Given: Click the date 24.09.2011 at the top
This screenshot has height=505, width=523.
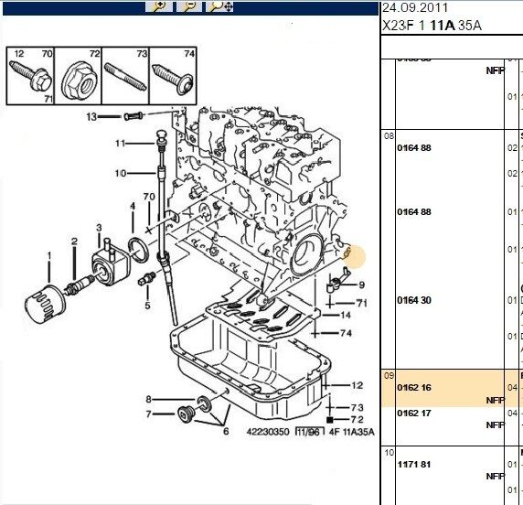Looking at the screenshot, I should (x=411, y=8).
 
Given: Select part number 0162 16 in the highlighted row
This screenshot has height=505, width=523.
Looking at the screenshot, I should (x=413, y=387).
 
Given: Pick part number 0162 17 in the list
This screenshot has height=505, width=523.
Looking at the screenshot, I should (x=413, y=413).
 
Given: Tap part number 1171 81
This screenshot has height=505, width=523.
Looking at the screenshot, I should (x=413, y=464).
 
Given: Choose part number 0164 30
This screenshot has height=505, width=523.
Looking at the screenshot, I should (x=413, y=300).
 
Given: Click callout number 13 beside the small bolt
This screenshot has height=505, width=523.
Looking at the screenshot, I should (x=91, y=116).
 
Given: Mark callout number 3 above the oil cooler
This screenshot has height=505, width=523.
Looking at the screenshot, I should (x=99, y=227).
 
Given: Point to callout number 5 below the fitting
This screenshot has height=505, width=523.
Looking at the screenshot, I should (x=146, y=306).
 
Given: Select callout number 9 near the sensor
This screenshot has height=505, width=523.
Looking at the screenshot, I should (x=361, y=285).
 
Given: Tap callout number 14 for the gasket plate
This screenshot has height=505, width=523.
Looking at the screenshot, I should (x=345, y=314).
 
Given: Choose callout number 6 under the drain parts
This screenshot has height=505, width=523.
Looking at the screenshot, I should (x=226, y=433).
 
